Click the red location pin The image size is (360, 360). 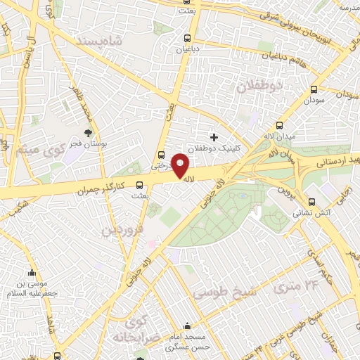coord(181,165)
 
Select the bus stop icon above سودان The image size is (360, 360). coord(313,89)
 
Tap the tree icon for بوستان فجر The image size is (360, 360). coord(88,131)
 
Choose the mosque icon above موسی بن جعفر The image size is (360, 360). coord(31,273)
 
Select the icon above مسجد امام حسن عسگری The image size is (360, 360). coord(186,326)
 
